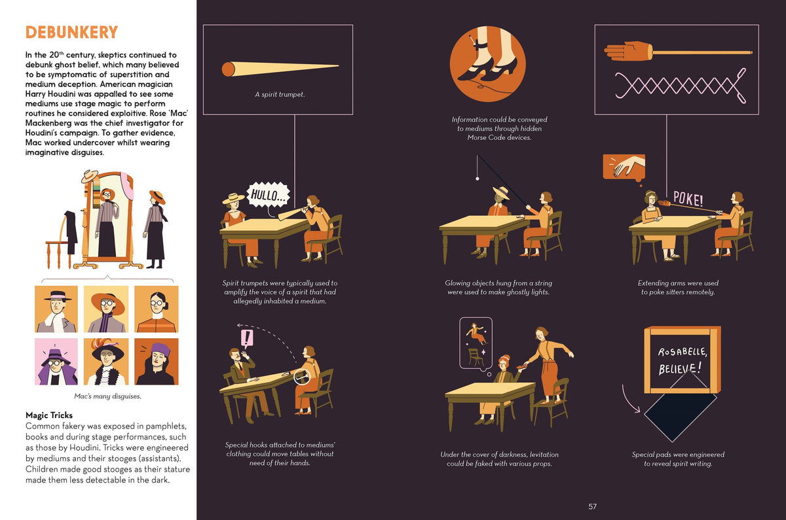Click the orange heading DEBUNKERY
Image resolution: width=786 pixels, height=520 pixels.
pyautogui.click(x=71, y=32)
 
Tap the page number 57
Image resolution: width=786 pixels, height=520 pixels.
pyautogui.click(x=592, y=506)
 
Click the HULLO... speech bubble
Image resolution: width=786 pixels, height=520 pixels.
pyautogui.click(x=269, y=194)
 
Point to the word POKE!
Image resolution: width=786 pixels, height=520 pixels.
pyautogui.click(x=688, y=199)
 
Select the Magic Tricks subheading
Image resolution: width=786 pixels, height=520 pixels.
pyautogui.click(x=49, y=415)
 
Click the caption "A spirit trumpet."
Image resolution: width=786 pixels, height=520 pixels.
pyautogui.click(x=280, y=94)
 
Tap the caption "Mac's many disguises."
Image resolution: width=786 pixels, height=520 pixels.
pyautogui.click(x=107, y=396)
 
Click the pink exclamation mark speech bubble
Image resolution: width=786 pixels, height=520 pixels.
pyautogui.click(x=247, y=339)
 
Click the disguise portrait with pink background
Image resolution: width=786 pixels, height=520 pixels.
pyautogui.click(x=56, y=361)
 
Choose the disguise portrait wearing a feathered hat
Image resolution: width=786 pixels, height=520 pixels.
pyautogui.click(x=106, y=361)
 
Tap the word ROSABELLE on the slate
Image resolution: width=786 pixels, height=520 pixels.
pyautogui.click(x=683, y=352)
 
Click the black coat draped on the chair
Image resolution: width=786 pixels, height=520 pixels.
pyautogui.click(x=71, y=232)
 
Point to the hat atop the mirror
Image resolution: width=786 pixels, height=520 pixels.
pyautogui.click(x=90, y=176)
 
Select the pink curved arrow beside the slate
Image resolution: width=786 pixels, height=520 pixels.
pyautogui.click(x=629, y=400)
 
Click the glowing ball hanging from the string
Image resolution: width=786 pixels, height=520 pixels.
pyautogui.click(x=477, y=179)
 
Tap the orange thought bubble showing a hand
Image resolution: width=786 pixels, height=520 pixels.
pyautogui.click(x=624, y=167)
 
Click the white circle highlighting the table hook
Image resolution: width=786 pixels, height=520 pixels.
pyautogui.click(x=302, y=377)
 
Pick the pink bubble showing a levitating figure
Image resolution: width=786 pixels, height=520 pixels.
pyautogui.click(x=476, y=344)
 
